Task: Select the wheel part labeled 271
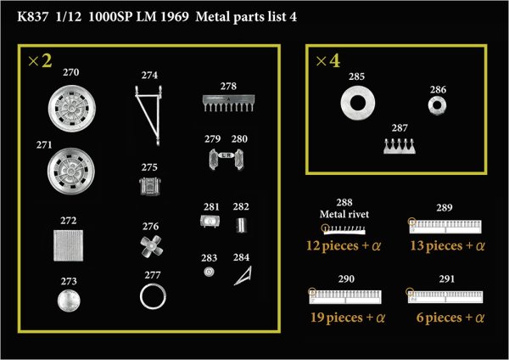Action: pyautogui.click(x=70, y=170)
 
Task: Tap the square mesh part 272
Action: pyautogui.click(x=70, y=247)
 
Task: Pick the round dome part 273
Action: pyautogui.click(x=70, y=300)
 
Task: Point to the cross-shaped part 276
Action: pyautogui.click(x=150, y=246)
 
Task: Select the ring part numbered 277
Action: pyautogui.click(x=154, y=296)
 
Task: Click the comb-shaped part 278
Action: pyautogui.click(x=227, y=103)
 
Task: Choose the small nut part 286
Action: pyautogui.click(x=438, y=106)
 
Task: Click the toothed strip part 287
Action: pyautogui.click(x=398, y=145)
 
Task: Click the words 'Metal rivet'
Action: pyautogui.click(x=344, y=214)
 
